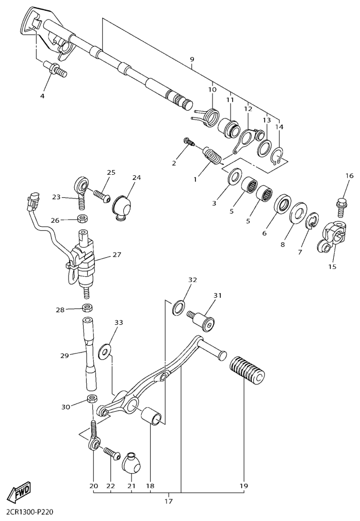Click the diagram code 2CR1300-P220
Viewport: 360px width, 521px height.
pyautogui.click(x=30, y=513)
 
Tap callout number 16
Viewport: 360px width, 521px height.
pyautogui.click(x=349, y=176)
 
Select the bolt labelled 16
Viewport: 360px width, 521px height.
pyautogui.click(x=340, y=208)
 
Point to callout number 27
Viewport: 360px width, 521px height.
pyautogui.click(x=116, y=254)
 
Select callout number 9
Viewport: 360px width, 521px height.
pyautogui.click(x=192, y=60)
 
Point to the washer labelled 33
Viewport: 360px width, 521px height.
pyautogui.click(x=105, y=351)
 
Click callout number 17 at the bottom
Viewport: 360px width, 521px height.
pyautogui.click(x=169, y=500)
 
